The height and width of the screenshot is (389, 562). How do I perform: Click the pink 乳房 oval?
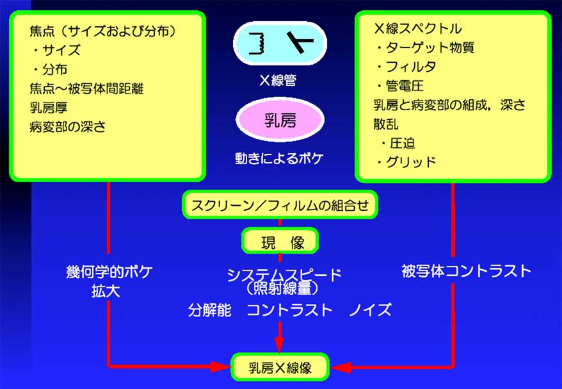click(280, 120)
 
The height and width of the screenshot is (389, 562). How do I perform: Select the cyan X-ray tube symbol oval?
click(280, 44)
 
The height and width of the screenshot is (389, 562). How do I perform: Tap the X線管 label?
click(280, 82)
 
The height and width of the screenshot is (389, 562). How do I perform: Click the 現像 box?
click(280, 242)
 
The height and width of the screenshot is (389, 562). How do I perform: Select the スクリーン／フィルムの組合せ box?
click(280, 205)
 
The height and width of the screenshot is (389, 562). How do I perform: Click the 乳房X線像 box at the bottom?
click(280, 368)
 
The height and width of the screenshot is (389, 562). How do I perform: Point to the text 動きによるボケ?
click(280, 158)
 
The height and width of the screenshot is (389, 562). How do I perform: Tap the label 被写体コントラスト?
click(467, 270)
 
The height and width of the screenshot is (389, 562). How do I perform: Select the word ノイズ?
click(370, 310)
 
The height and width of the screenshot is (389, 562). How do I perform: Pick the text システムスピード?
click(284, 275)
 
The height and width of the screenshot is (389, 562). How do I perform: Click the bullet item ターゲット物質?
click(425, 48)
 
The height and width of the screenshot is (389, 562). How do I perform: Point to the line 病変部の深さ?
click(67, 126)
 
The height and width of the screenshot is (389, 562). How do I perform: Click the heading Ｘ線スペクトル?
click(417, 29)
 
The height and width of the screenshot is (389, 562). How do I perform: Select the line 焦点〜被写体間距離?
click(86, 88)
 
